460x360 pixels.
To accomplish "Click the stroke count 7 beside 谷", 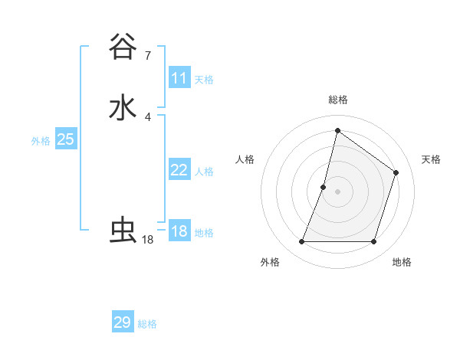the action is [x=148, y=55].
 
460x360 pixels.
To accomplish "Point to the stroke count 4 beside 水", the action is [x=148, y=116].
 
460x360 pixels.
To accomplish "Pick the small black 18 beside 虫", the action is [x=148, y=240].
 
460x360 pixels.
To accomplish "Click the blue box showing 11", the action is [x=179, y=78].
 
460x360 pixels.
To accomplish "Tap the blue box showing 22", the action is [x=179, y=170].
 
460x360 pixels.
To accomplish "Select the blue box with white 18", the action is [x=179, y=231].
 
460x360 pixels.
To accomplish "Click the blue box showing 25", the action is [x=66, y=139].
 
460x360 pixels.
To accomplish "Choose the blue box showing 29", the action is [x=123, y=322].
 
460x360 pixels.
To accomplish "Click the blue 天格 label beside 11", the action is [x=204, y=79].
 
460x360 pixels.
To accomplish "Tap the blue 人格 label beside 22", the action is [x=204, y=172].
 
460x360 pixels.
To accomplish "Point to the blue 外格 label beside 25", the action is [x=41, y=141].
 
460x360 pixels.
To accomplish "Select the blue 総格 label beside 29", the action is [x=147, y=324].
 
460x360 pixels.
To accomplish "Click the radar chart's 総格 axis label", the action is [x=337, y=100].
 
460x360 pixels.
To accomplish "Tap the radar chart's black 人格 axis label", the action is [x=245, y=159].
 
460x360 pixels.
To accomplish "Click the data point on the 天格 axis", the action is [x=396, y=173].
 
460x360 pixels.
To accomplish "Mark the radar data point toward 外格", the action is [x=301, y=242].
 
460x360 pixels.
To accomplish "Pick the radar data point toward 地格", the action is [x=374, y=242].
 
